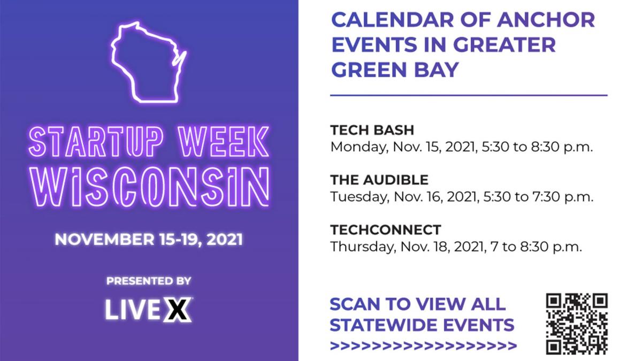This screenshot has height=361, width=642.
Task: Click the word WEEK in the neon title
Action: tap(223, 142)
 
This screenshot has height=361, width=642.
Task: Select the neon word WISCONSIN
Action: tap(149, 187)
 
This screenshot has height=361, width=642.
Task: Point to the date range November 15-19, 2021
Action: tap(149, 240)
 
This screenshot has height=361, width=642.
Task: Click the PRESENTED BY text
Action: tap(149, 281)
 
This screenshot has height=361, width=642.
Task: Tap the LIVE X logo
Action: tap(149, 310)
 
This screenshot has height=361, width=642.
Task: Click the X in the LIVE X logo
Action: tap(178, 310)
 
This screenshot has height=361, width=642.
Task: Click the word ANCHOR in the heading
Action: tap(546, 20)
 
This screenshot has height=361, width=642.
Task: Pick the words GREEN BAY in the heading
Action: tap(395, 70)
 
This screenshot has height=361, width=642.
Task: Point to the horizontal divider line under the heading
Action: tap(469, 95)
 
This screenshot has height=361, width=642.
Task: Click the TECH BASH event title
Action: tap(372, 130)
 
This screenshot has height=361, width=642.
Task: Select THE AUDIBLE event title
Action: tap(379, 180)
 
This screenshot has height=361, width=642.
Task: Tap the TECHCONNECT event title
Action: tap(386, 230)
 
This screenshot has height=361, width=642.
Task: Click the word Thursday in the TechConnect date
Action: tap(363, 247)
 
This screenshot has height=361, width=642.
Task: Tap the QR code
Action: tap(577, 324)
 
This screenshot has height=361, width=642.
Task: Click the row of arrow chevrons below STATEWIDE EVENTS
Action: tap(423, 345)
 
